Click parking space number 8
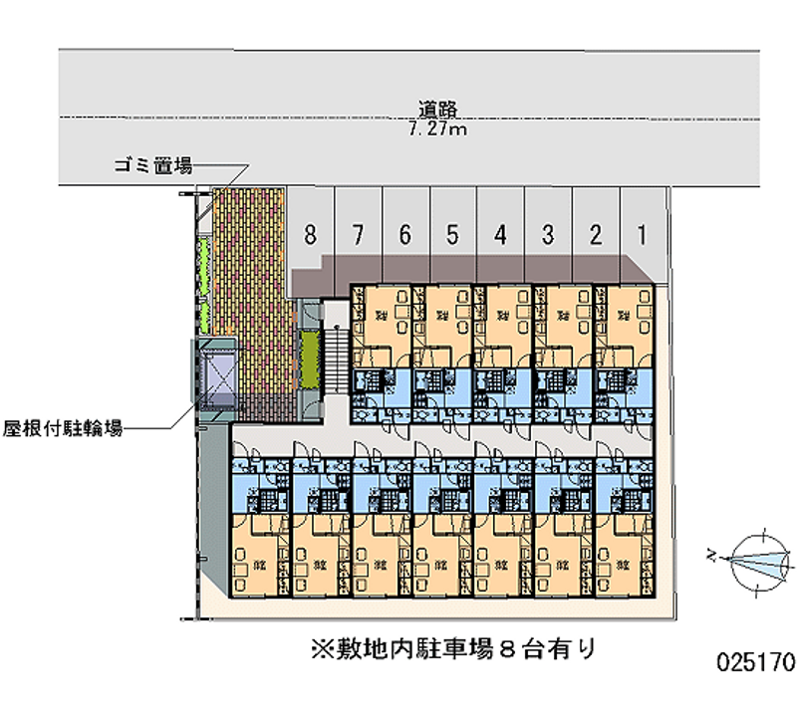point(311,236)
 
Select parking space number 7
point(358,236)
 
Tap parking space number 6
point(404,236)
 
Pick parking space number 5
point(452,236)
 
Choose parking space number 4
point(500,236)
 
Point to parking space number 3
point(548,236)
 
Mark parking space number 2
point(595,236)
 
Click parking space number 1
point(643,236)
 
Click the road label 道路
point(438,110)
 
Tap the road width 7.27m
point(438,129)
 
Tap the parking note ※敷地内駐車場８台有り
point(453,650)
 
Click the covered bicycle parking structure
point(217,376)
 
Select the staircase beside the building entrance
point(338,363)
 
